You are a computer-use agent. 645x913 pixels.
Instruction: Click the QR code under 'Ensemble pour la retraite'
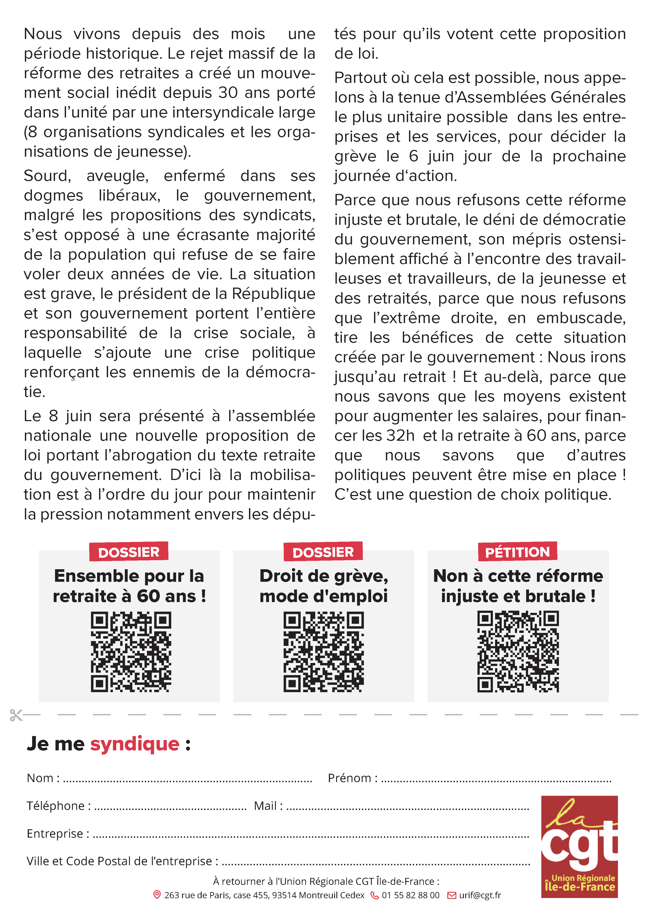tap(131, 652)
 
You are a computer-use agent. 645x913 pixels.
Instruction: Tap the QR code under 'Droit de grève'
tap(323, 652)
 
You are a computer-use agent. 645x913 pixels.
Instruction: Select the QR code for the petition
tap(518, 652)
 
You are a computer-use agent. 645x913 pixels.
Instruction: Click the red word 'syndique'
tap(135, 744)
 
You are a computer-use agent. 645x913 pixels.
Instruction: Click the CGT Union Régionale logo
tap(579, 847)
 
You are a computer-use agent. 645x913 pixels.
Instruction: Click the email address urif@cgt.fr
tap(480, 895)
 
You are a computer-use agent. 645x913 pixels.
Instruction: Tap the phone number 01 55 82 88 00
tap(411, 895)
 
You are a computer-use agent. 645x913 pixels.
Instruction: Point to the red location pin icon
tap(157, 895)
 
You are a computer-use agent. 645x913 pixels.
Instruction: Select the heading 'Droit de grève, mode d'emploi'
tap(323, 586)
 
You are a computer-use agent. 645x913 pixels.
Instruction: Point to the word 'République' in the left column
tap(273, 294)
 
